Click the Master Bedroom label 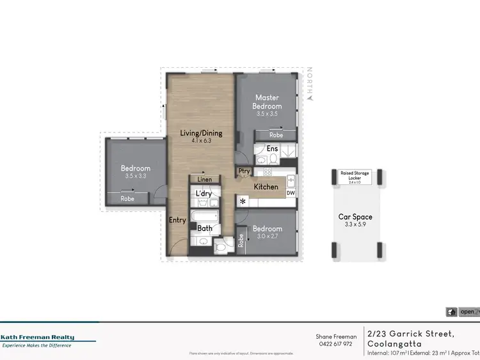point(267,102)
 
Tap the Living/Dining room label point(201,133)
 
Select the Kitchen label point(266,187)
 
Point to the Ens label point(272,149)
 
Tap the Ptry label point(244,171)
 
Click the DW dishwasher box point(291,192)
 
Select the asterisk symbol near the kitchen point(243,201)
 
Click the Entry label point(177,220)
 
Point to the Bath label point(205,228)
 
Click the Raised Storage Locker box point(355,177)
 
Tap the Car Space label point(355,217)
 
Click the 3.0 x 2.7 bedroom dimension point(267,237)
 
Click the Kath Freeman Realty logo point(37,338)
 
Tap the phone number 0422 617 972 point(336,344)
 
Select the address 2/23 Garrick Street point(410,333)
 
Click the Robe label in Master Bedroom point(276,136)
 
